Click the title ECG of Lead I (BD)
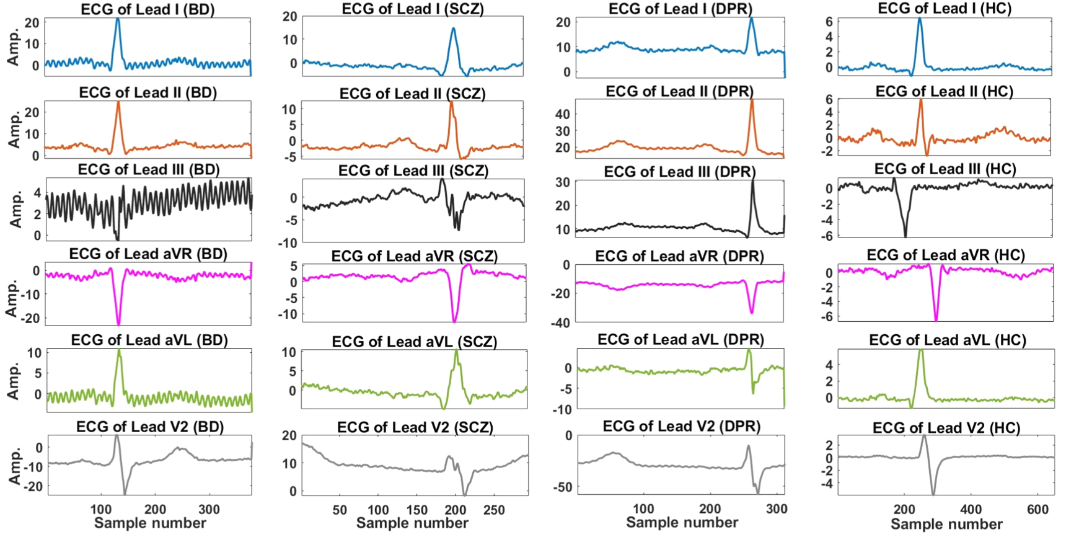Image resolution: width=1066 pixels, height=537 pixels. [148, 9]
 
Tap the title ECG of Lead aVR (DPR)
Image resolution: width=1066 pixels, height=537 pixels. [679, 256]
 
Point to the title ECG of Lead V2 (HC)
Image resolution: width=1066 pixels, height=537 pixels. [946, 428]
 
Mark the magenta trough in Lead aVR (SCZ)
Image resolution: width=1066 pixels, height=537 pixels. [455, 321]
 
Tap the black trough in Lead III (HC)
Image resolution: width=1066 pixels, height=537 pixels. [905, 235]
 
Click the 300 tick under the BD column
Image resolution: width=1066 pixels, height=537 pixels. [209, 510]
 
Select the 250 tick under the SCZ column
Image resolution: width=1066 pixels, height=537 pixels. [494, 510]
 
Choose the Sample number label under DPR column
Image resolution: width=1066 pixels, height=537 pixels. [681, 523]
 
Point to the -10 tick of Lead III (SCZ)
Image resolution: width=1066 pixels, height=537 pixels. [287, 243]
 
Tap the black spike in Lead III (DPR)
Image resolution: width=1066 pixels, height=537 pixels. [752, 182]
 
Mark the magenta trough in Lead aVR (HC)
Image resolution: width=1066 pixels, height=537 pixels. [936, 319]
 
